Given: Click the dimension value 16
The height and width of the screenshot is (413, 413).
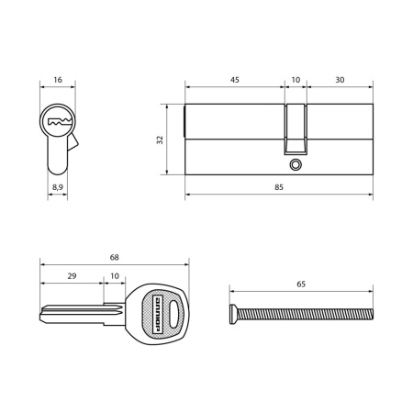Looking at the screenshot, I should pos(58,81).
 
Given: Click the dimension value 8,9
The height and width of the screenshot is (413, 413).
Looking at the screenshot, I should pos(58,186).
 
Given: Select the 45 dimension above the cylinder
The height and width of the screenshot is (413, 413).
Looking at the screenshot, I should pos(235,81).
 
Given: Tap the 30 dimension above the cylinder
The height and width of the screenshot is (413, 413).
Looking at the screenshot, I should pos(340,81).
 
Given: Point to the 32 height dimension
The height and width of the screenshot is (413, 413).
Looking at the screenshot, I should pos(160,140).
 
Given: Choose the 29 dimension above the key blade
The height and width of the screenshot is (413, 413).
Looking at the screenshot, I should pos(72,276).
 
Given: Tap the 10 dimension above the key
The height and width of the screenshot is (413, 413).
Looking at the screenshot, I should pos(114,276).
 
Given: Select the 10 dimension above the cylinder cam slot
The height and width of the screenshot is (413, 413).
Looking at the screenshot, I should pos(295,81).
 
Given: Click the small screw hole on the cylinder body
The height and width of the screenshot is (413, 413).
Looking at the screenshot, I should pos(295,164).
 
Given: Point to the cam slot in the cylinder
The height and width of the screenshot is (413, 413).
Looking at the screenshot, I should pos(295,128).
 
